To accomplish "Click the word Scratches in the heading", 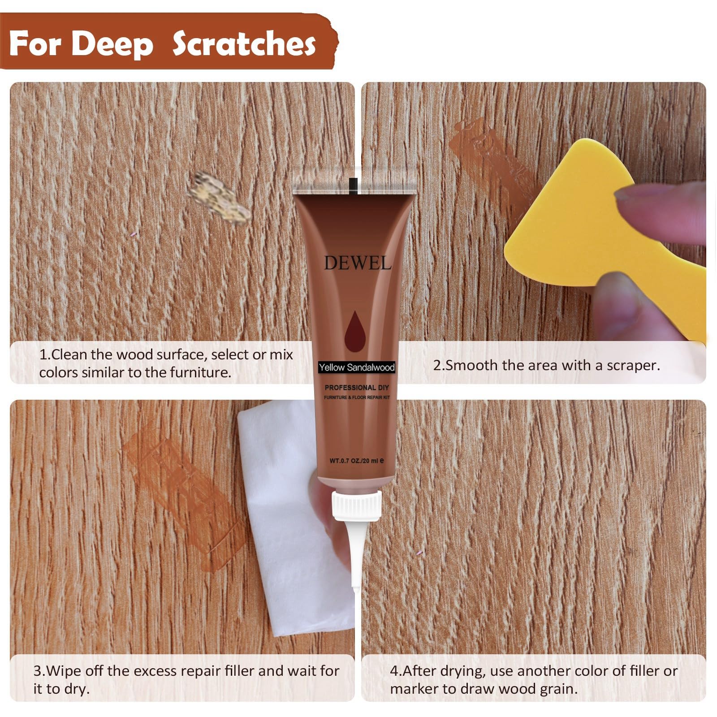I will click(244, 44).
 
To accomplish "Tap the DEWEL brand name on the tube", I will click(357, 263).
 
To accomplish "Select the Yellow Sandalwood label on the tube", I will click(357, 367).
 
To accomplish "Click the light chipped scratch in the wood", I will click(220, 197).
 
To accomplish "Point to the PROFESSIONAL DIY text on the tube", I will click(357, 387).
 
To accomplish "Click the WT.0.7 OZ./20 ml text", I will click(357, 460).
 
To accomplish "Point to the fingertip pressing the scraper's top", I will click(659, 197).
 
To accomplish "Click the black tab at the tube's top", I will click(354, 185).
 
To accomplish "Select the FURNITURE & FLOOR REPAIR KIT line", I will click(357, 397).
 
